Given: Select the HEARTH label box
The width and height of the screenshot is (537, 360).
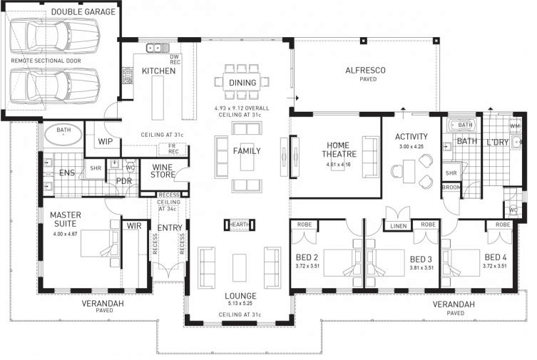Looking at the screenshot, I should [x=240, y=225].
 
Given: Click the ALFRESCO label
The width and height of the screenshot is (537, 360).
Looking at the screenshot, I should [x=365, y=70].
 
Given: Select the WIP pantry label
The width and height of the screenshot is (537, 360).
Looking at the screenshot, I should [x=105, y=141].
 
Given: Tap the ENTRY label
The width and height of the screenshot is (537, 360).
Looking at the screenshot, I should [x=169, y=227].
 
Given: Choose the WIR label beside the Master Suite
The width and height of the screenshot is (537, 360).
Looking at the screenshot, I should [x=133, y=226].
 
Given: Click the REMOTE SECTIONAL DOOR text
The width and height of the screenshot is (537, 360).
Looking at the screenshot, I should [x=46, y=61].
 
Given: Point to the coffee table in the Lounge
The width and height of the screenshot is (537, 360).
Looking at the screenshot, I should [x=239, y=262].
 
